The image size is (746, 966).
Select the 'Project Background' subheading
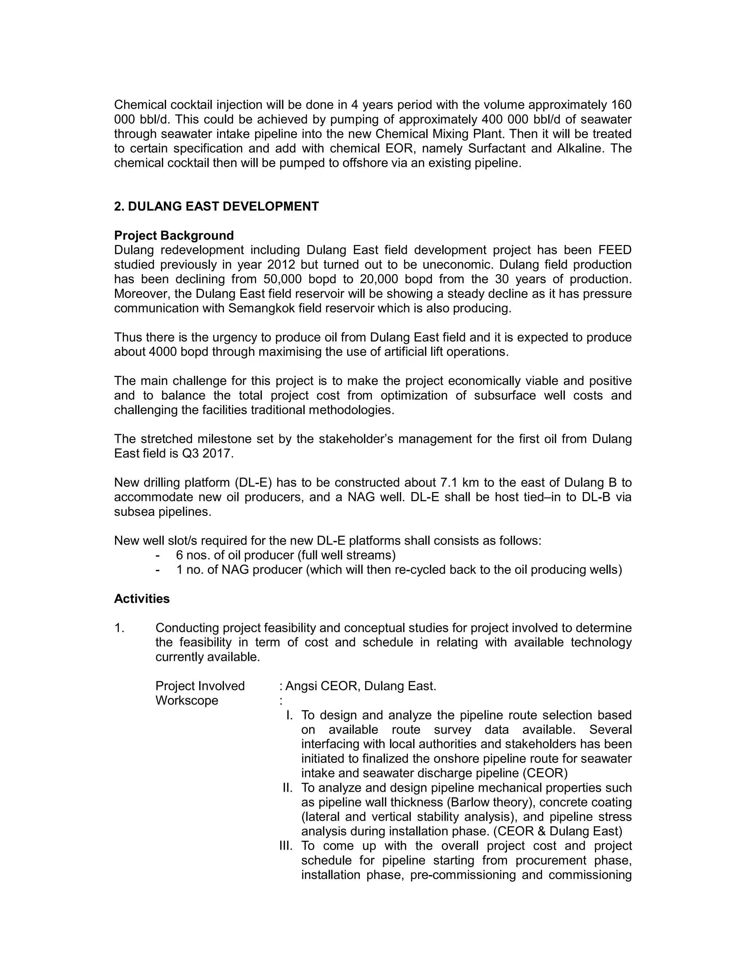(174, 235)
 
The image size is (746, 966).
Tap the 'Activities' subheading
(142, 599)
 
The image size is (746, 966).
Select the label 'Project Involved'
(200, 686)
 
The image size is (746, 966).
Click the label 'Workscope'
(186, 700)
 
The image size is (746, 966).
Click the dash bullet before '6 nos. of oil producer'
(158, 555)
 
